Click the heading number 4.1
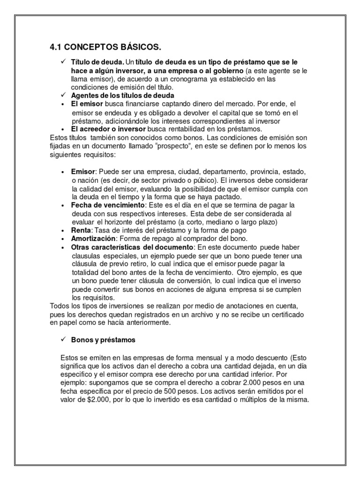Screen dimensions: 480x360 point(56,47)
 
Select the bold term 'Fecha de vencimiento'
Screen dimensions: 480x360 point(108,205)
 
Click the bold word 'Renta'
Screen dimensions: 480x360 point(81,231)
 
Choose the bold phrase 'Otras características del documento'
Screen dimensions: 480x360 point(132,247)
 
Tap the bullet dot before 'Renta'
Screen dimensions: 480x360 point(63,231)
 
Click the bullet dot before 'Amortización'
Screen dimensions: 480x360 point(63,239)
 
